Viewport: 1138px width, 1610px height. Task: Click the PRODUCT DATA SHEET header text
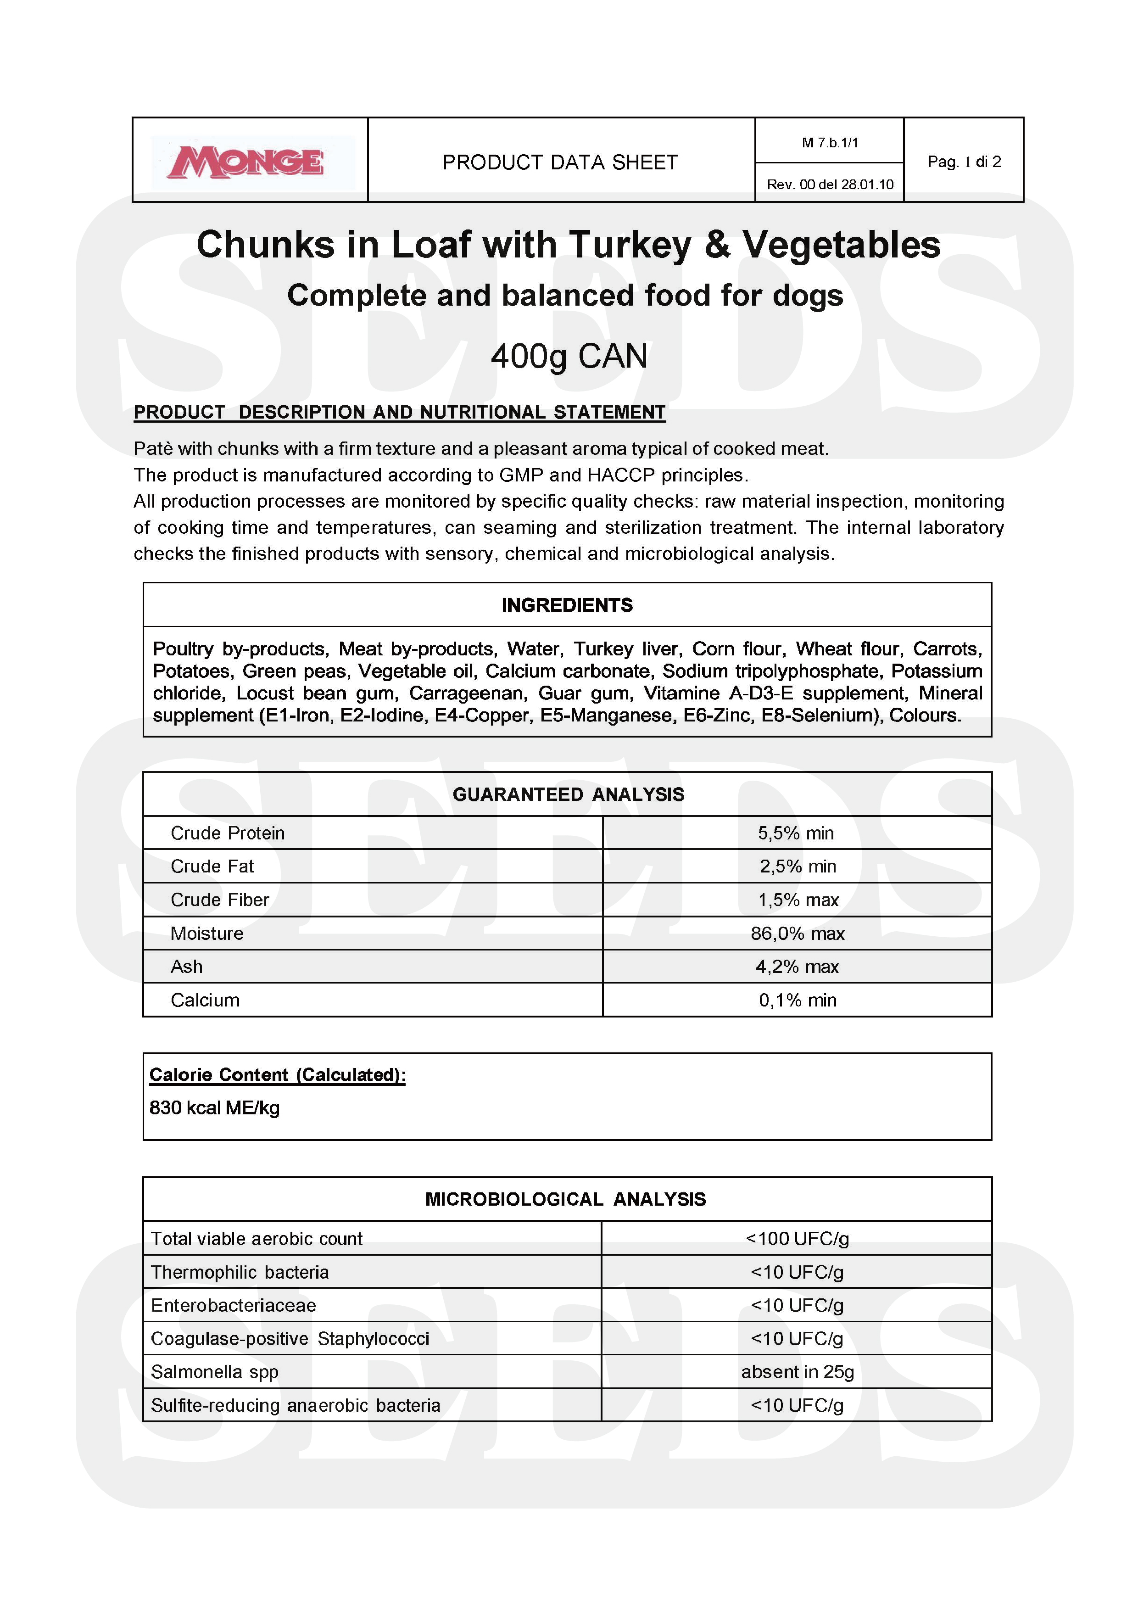point(560,162)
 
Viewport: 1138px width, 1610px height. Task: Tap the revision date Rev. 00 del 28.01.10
point(830,184)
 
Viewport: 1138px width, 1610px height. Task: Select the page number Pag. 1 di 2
point(964,162)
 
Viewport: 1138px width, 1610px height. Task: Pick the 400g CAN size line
point(569,356)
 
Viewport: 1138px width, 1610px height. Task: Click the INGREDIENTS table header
point(567,605)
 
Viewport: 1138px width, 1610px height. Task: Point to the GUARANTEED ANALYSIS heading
point(568,794)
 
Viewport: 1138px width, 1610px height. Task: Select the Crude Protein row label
point(228,833)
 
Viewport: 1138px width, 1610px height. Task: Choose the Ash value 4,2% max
point(797,967)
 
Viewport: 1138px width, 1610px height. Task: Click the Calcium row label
point(205,1000)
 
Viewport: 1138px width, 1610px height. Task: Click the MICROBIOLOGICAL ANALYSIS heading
point(565,1199)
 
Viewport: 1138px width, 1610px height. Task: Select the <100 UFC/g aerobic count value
point(797,1238)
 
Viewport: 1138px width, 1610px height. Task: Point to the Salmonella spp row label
point(215,1372)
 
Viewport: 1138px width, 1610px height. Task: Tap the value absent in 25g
point(797,1372)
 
